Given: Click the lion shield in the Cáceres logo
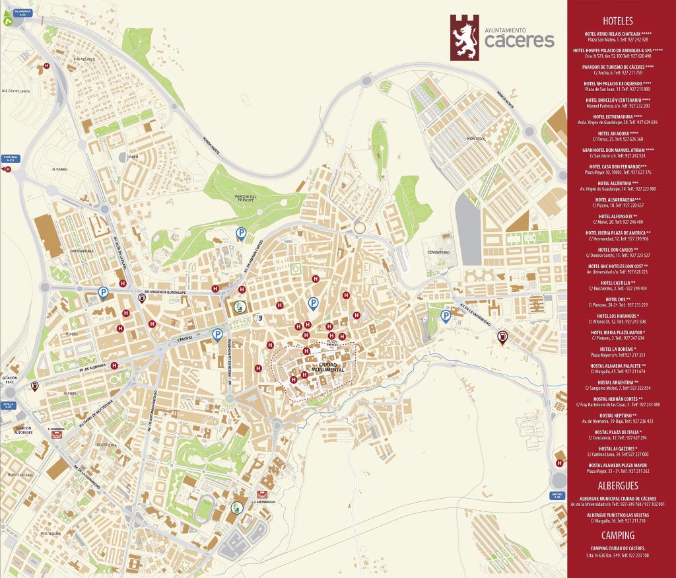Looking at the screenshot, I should pos(464,38).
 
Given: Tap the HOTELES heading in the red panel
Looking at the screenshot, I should pos(618,21).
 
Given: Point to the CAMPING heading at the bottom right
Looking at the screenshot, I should pos(618,536).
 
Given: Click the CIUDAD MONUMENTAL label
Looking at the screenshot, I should pos(331,367).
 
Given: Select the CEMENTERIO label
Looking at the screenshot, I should pos(437,252).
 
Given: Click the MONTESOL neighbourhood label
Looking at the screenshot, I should pos(475,139).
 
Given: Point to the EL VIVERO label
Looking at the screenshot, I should pos(60,169).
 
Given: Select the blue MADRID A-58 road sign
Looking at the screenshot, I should pos(558,495).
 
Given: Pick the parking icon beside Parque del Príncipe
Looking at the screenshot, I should pos(242,233).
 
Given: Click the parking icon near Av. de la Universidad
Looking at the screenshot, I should pos(446,317).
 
